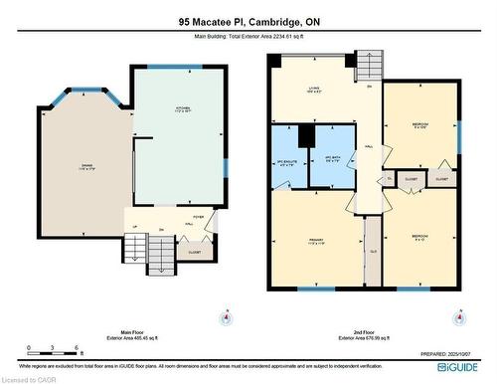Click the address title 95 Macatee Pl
[x=248, y=21]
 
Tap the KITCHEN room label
[x=184, y=109]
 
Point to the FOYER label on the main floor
[x=198, y=215]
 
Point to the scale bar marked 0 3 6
[x=45, y=349]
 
